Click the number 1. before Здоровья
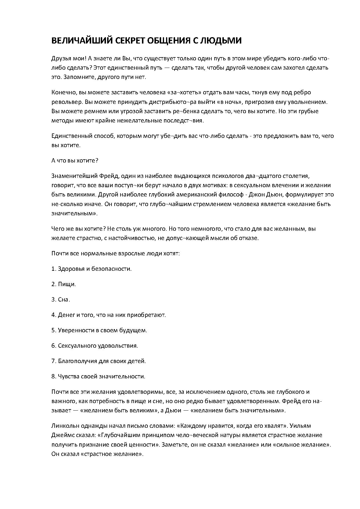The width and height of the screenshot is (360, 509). point(54,269)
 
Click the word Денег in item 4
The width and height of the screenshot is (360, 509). point(66,315)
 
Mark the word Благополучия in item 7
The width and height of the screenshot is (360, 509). point(76,361)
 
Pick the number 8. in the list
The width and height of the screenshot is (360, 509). point(54,376)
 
